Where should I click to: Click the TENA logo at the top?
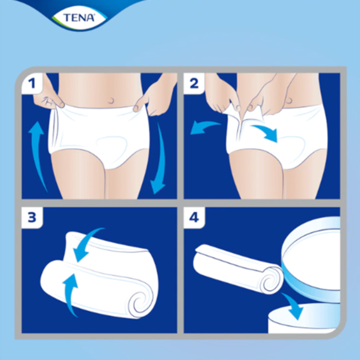78,17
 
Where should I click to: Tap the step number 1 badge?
32,83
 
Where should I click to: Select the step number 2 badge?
194,83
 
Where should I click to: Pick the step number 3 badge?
32,218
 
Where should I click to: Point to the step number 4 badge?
194,218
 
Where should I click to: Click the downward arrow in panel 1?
159,160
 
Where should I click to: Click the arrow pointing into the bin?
293,305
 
